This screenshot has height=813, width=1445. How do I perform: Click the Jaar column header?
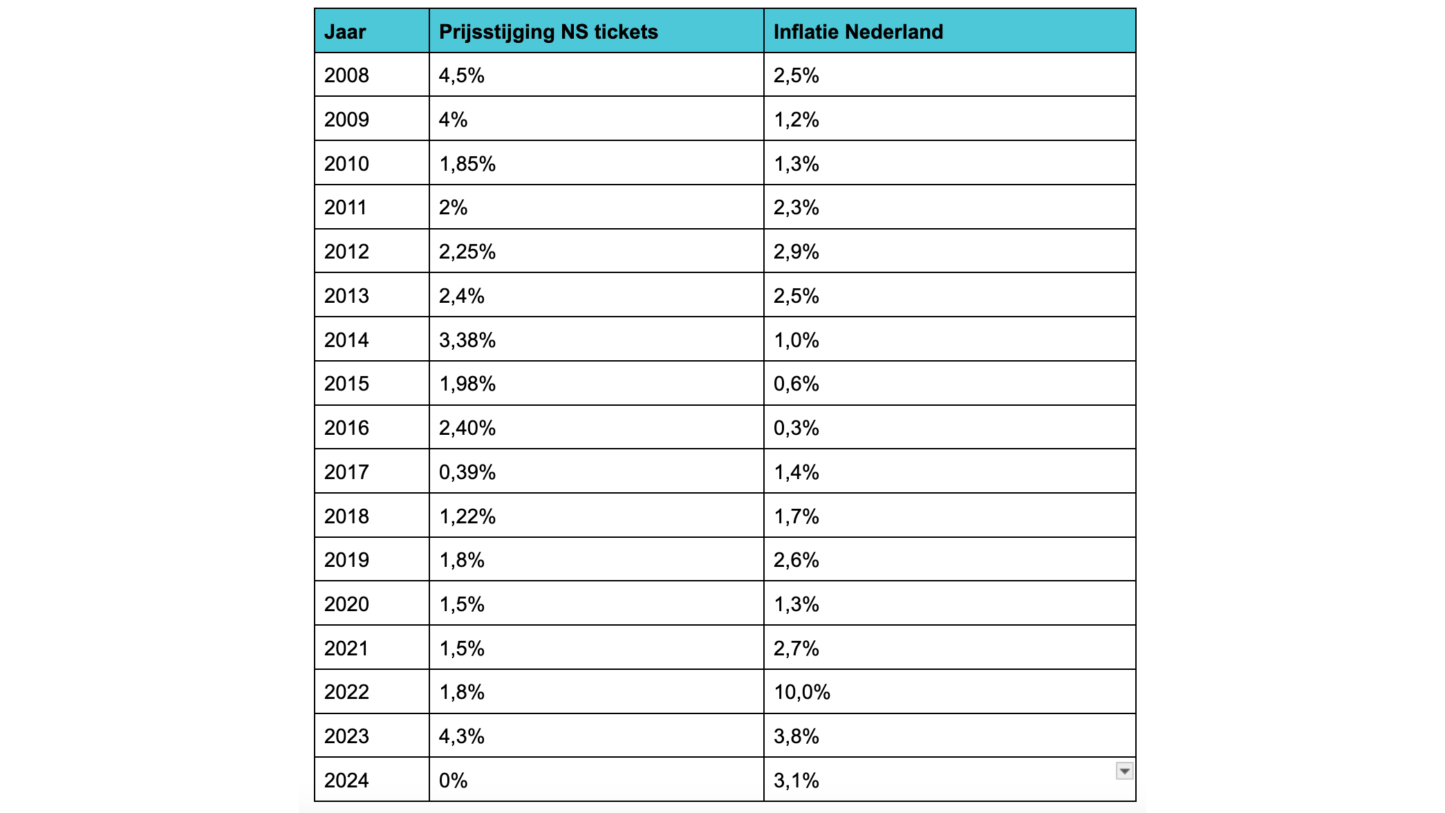tap(345, 32)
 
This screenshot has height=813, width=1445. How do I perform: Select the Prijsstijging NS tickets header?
tap(548, 32)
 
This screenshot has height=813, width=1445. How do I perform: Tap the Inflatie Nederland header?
tap(858, 32)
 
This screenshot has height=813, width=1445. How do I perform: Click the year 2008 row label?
tap(346, 75)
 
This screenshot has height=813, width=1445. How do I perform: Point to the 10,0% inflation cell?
tap(802, 692)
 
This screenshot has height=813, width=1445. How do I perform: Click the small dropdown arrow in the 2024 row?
tap(1125, 771)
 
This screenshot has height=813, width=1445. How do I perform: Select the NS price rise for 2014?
tap(467, 340)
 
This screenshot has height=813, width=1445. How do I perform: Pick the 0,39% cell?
tap(467, 472)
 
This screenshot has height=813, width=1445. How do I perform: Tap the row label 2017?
tap(346, 472)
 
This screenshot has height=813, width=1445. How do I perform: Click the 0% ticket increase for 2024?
tap(454, 781)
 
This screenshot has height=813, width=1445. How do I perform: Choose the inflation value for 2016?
tap(796, 428)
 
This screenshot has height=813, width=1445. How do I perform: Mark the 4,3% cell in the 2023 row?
tap(462, 736)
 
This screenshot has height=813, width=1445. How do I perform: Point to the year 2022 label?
tap(346, 692)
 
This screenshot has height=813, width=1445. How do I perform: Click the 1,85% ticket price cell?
tap(467, 164)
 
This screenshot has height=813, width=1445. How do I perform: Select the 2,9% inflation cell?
tap(796, 252)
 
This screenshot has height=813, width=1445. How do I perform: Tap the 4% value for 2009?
tap(454, 120)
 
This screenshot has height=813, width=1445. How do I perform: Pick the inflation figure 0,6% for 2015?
tap(796, 384)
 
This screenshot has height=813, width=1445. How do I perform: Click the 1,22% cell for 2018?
tap(467, 516)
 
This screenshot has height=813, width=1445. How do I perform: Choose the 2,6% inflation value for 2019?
tap(796, 560)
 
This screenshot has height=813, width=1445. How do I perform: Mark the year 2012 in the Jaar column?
tap(346, 252)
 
